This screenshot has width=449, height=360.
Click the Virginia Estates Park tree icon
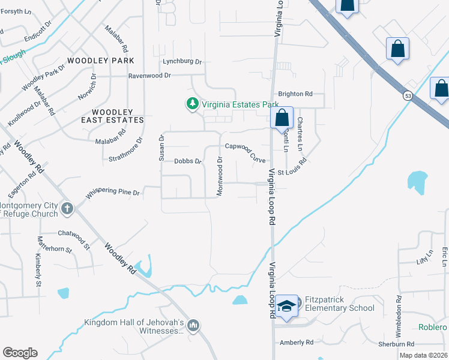pyautogui.click(x=193, y=104)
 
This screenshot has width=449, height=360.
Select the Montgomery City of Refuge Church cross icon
pyautogui.click(x=67, y=209)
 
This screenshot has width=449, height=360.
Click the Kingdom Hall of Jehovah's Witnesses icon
pyautogui.click(x=193, y=326)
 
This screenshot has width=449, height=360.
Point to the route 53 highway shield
pyautogui.click(x=408, y=95)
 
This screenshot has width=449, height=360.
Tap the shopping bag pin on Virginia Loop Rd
pyautogui.click(x=282, y=119)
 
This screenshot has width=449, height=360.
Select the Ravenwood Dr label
pyautogui.click(x=150, y=76)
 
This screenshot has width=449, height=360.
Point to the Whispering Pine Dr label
pyautogui.click(x=113, y=193)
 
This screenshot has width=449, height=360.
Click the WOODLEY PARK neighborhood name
pyautogui.click(x=101, y=61)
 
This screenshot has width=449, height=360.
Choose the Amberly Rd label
pyautogui.click(x=297, y=342)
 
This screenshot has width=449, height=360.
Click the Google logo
pyautogui.click(x=20, y=353)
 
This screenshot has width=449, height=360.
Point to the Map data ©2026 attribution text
pyautogui.click(x=423, y=355)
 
